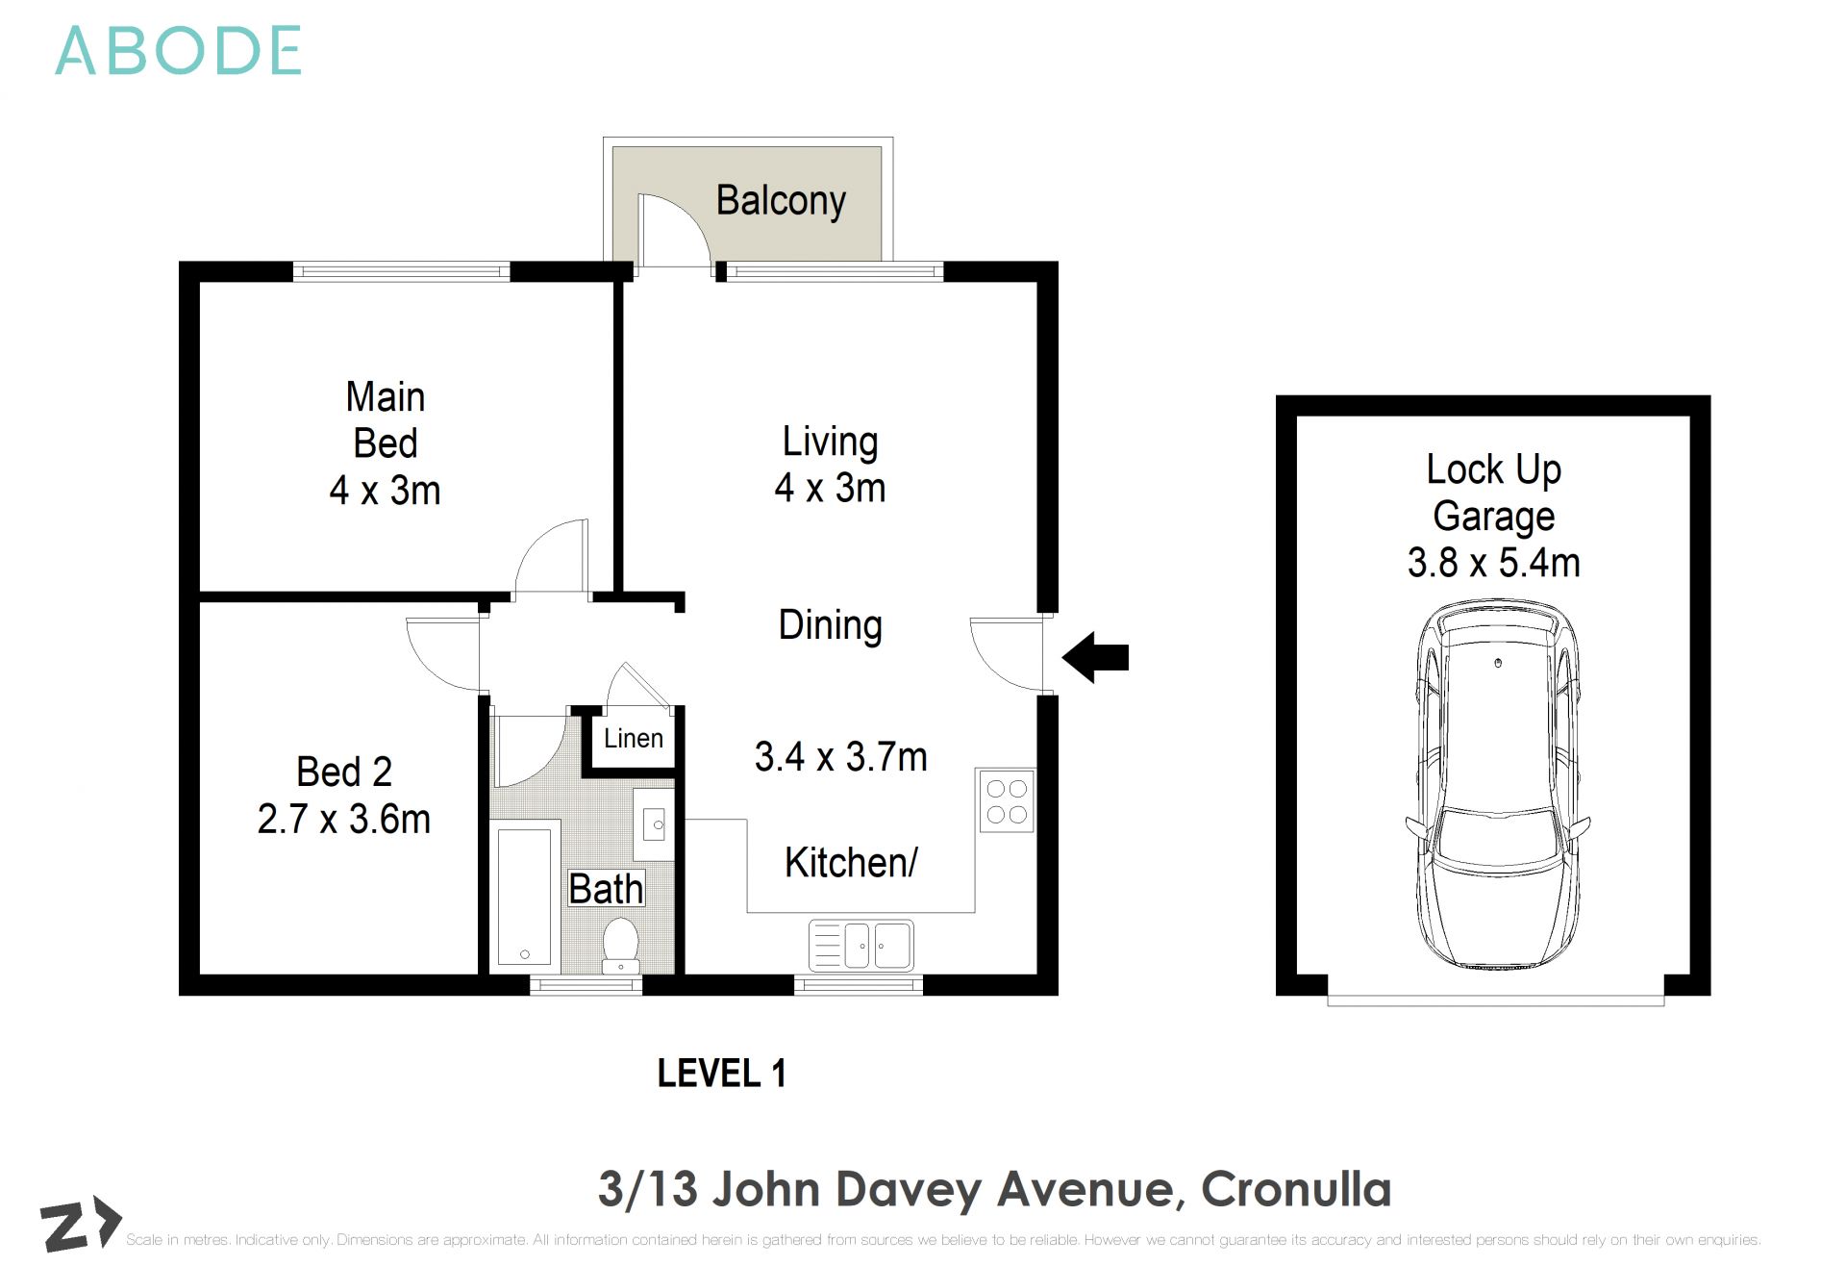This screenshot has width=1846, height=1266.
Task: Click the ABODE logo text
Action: [179, 51]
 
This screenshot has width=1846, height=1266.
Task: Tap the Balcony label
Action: [780, 200]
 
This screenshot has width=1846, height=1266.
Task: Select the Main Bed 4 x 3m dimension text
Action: [385, 491]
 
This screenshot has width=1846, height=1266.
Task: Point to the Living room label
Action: [830, 442]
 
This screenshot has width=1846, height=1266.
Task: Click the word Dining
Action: [830, 624]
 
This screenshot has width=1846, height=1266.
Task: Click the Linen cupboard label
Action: [633, 738]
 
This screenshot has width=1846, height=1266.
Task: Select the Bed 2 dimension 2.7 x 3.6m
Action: [343, 819]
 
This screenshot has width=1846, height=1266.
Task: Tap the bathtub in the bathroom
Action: [525, 894]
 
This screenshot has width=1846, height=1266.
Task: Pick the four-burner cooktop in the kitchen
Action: [1007, 801]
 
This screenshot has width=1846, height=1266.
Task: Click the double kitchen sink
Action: [861, 945]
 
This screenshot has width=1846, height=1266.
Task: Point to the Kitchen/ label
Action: [851, 862]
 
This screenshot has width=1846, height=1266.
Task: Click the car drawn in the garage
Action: [1496, 784]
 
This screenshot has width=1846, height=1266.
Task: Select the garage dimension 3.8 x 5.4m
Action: [1493, 563]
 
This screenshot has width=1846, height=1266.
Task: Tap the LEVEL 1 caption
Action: [721, 1073]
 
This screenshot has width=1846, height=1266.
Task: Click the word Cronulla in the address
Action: [1295, 1189]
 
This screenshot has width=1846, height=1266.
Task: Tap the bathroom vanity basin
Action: [655, 823]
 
